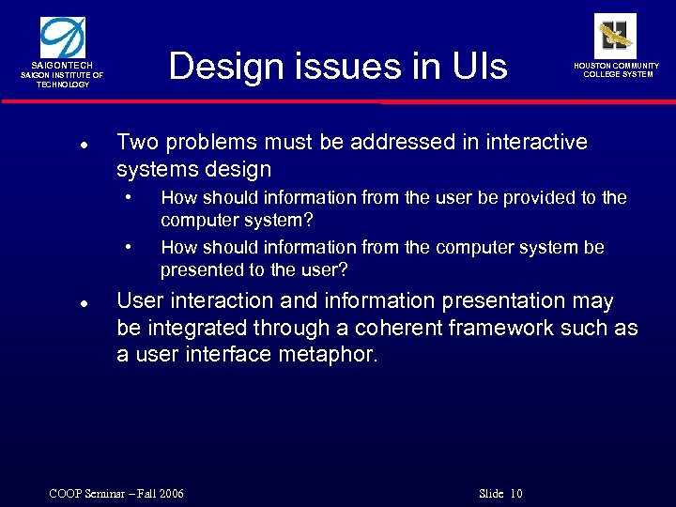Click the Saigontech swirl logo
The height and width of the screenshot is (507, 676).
pos(63,37)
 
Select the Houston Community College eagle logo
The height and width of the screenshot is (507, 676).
pos(615,36)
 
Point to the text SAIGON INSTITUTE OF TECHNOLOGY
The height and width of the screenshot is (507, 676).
pos(63,80)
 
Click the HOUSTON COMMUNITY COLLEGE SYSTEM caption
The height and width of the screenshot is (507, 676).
pos(617,70)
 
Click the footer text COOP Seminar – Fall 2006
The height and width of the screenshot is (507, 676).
pos(116,494)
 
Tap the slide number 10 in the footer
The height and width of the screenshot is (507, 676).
pos(516,494)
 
